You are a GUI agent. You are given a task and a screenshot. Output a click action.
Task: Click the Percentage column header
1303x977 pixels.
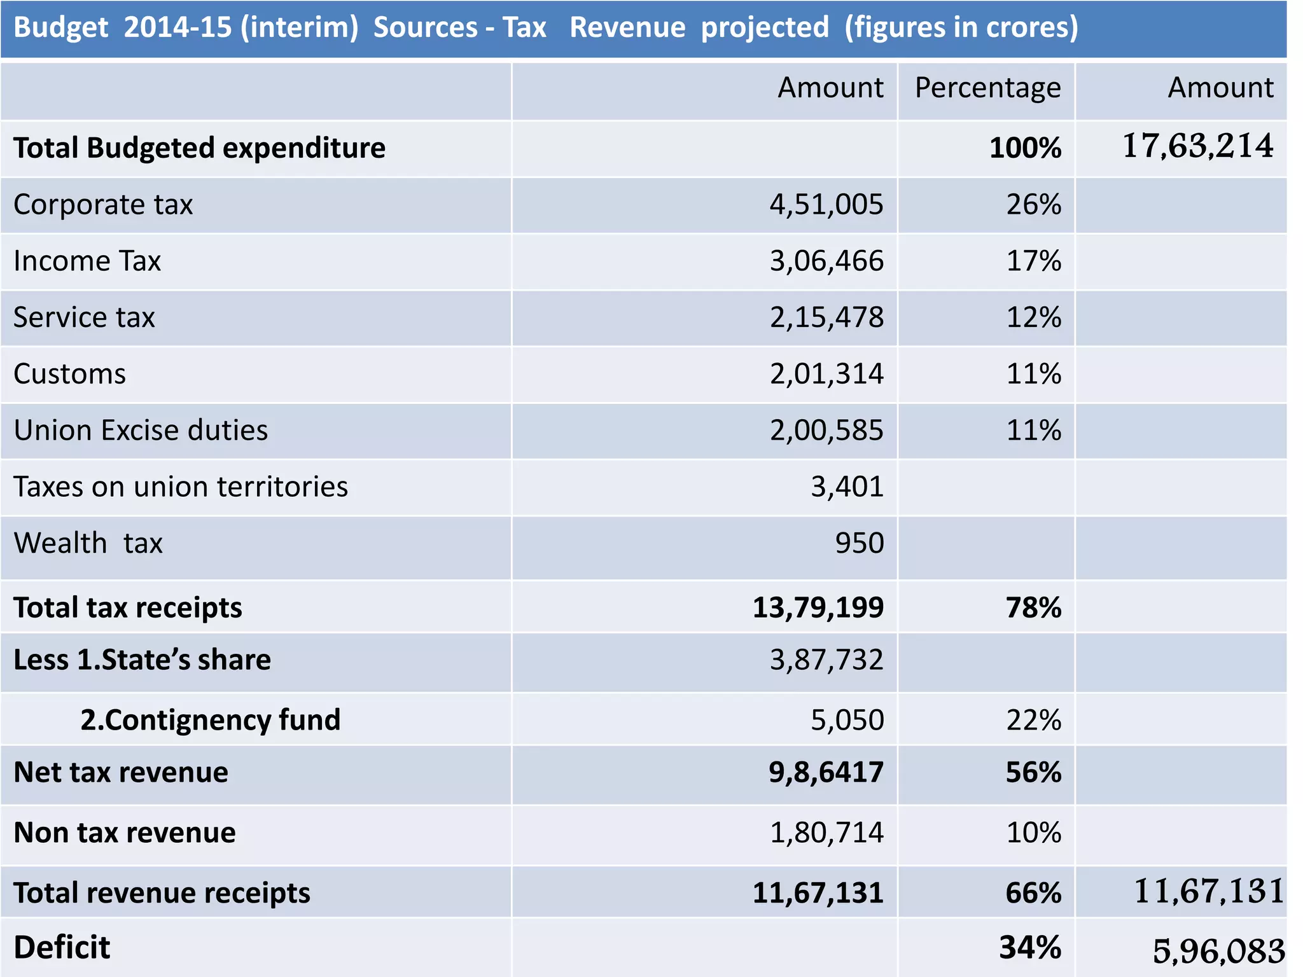tap(987, 88)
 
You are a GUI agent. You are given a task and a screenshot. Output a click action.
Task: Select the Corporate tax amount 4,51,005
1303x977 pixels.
tap(826, 205)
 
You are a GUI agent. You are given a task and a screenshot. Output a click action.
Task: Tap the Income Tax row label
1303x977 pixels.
tap(87, 261)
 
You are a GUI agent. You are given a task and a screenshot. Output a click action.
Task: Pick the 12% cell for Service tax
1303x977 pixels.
tap(1033, 317)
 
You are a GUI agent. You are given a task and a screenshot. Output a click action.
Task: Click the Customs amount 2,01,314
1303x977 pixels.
tap(826, 374)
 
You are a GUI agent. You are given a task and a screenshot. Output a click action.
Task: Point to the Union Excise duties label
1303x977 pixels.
tap(141, 431)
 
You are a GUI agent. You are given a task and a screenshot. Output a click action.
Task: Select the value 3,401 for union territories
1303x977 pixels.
tap(847, 487)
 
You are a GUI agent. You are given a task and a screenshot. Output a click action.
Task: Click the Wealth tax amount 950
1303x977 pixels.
tap(859, 543)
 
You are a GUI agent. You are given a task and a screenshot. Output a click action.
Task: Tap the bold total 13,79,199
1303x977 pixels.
tap(818, 607)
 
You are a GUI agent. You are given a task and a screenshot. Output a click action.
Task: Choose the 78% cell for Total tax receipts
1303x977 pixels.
tap(1033, 607)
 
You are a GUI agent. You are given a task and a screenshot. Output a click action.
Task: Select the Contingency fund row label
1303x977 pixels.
tap(210, 720)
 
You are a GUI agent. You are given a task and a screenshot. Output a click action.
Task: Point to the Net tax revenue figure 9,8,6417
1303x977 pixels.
tap(826, 772)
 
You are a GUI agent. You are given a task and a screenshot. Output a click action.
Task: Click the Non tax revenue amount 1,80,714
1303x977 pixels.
tap(826, 833)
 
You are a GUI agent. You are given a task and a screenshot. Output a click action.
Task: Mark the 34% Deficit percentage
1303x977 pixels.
tap(1029, 948)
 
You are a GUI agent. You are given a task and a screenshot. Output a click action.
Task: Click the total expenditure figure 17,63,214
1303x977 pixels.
tap(1197, 146)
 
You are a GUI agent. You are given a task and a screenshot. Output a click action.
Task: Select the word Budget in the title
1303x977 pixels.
tap(61, 27)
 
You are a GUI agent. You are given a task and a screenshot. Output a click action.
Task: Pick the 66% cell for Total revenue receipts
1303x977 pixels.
tap(1033, 893)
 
